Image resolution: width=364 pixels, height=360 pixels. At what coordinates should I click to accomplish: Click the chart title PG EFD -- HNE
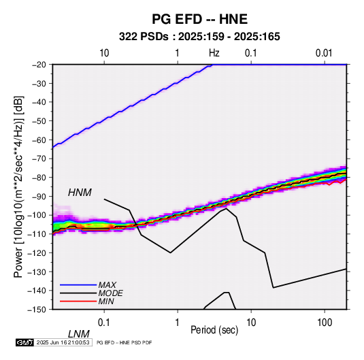click(x=199, y=19)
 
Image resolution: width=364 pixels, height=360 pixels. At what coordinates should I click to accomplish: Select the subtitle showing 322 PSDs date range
click(x=199, y=37)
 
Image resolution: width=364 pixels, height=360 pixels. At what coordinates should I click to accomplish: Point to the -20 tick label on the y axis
click(x=39, y=65)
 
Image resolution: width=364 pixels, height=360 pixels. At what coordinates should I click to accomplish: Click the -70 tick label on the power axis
click(x=39, y=159)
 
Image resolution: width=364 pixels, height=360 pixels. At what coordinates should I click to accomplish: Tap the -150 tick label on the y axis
click(x=37, y=310)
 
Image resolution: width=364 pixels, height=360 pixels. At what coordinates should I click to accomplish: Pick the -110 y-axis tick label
click(x=37, y=234)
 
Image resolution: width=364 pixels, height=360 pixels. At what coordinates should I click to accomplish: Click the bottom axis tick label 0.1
click(x=104, y=323)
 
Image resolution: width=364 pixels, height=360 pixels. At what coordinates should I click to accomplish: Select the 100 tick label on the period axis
click(x=325, y=323)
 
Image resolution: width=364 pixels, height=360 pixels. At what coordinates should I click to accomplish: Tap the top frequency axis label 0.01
click(x=324, y=53)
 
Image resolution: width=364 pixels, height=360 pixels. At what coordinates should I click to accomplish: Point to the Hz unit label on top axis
click(x=214, y=53)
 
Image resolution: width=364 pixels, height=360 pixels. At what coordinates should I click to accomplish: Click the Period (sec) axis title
click(x=214, y=330)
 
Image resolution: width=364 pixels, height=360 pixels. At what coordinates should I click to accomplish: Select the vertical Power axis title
click(x=18, y=186)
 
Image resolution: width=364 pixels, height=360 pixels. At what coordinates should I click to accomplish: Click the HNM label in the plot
click(x=80, y=193)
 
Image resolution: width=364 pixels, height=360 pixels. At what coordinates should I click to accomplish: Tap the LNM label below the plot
click(x=79, y=334)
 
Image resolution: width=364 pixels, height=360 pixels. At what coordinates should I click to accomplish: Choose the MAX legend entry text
click(x=107, y=284)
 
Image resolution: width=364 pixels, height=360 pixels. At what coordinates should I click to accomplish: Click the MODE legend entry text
click(x=110, y=293)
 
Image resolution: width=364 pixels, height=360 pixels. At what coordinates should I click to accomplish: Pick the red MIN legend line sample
click(x=78, y=301)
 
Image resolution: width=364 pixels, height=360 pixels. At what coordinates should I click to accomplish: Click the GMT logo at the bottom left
click(x=25, y=342)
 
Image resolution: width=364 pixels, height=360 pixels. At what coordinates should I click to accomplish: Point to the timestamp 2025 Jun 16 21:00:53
click(x=63, y=342)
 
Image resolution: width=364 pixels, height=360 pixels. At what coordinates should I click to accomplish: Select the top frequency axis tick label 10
click(x=104, y=53)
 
